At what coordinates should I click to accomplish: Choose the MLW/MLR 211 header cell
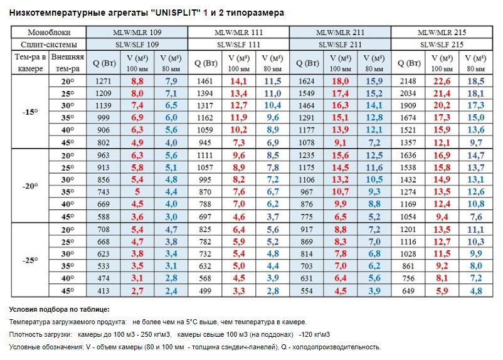coord(341,33)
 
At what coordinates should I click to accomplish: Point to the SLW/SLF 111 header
coord(238,45)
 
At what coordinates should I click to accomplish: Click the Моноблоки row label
coord(49,33)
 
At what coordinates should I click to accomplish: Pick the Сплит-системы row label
coord(49,45)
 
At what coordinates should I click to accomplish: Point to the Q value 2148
coord(408,81)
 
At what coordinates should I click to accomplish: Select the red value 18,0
coord(341,81)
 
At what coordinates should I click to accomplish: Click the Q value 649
coord(408,291)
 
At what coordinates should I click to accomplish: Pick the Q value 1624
coord(307,81)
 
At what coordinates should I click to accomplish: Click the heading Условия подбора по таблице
coord(59,309)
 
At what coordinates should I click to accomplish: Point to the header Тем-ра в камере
coord(29,63)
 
